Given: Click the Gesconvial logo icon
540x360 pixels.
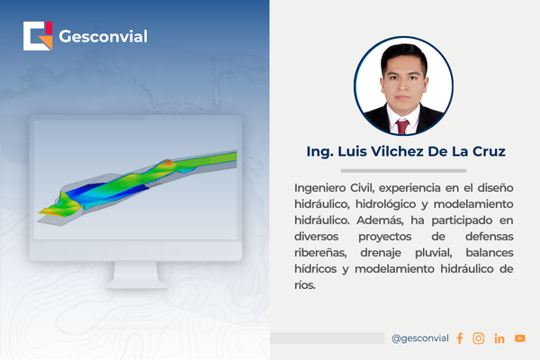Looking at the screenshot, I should click(38, 37).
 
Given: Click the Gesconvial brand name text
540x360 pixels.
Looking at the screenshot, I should click(103, 37).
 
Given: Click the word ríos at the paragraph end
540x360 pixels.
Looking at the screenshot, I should click(305, 284).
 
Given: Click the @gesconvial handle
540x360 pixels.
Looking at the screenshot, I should click(419, 338).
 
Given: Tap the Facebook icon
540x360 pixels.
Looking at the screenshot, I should click(459, 338).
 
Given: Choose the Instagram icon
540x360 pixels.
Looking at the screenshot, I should click(478, 338).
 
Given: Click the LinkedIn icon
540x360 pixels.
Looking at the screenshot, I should click(499, 338).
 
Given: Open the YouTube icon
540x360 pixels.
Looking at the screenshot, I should click(519, 338).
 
